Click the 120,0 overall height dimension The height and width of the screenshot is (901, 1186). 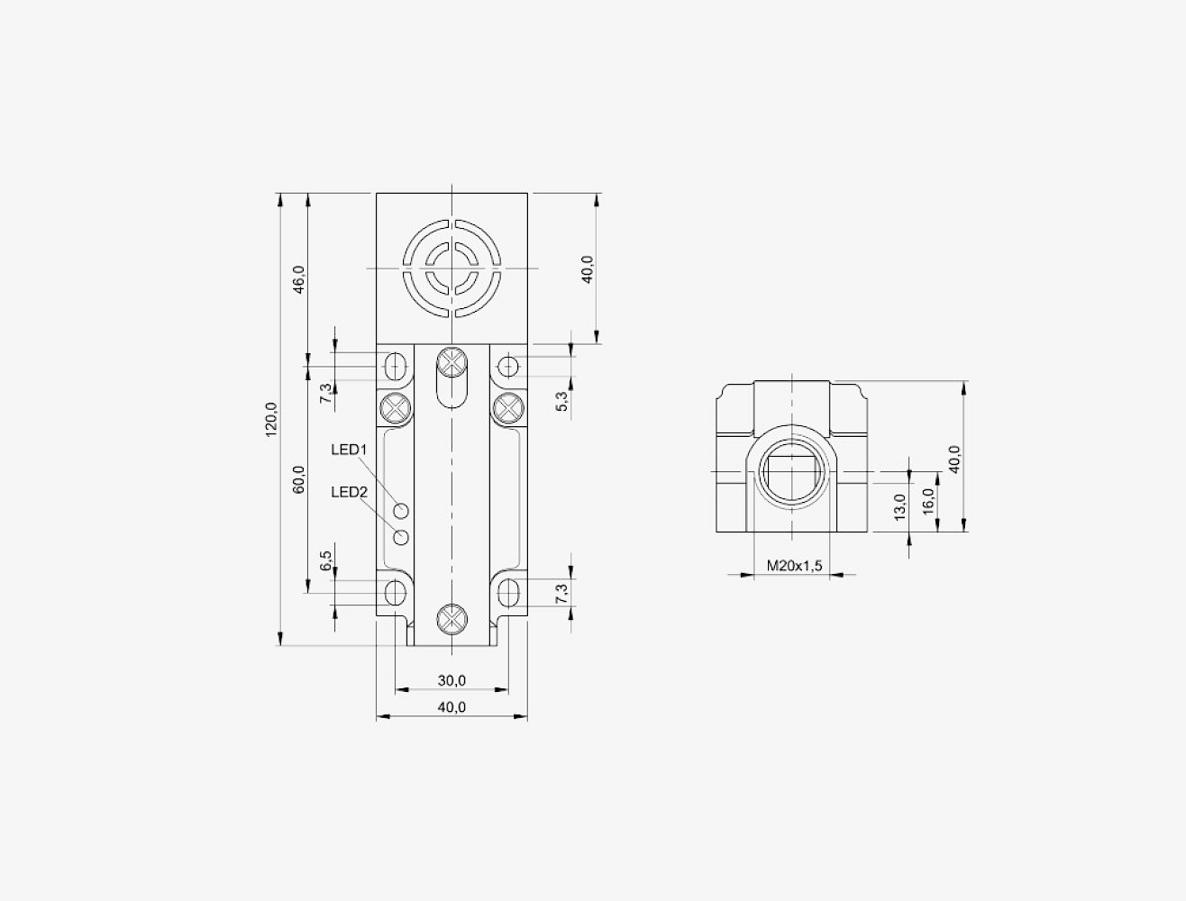click(271, 419)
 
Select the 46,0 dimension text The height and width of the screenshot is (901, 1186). click(299, 279)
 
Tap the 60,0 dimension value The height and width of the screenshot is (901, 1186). click(299, 479)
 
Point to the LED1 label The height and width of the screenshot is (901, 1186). click(349, 450)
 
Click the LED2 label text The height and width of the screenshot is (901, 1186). click(349, 492)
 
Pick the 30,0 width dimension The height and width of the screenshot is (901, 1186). click(452, 680)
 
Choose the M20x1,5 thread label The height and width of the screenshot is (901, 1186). click(794, 566)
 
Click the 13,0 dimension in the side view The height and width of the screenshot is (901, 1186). click(899, 507)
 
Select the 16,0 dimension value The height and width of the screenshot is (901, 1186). click(928, 501)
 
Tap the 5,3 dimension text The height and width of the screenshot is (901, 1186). click(562, 401)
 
